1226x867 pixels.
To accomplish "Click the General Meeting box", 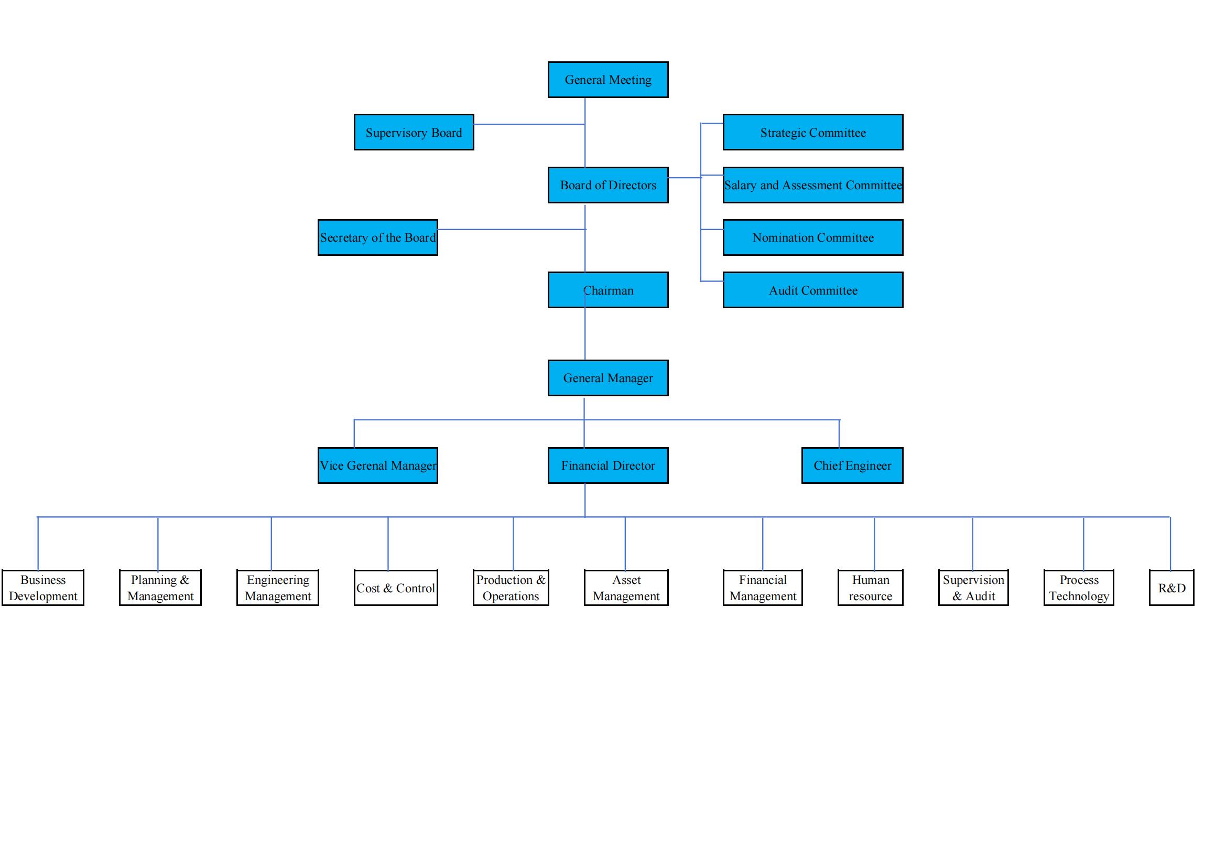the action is pyautogui.click(x=607, y=80).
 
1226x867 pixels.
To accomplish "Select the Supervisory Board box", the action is pyautogui.click(x=414, y=133).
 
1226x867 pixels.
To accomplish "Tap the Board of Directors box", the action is pyautogui.click(x=607, y=185).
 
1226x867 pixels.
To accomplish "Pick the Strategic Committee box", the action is pyautogui.click(x=813, y=133).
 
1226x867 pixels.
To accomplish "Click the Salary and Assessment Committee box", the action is pyautogui.click(x=813, y=185).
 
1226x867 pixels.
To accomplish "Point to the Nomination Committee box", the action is pyautogui.click(x=813, y=237).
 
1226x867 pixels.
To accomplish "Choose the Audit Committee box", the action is pyautogui.click(x=813, y=290).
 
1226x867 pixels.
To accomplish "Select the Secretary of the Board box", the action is pyautogui.click(x=377, y=237).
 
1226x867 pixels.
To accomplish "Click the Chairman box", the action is pyautogui.click(x=607, y=290).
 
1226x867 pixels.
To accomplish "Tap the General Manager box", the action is pyautogui.click(x=607, y=378).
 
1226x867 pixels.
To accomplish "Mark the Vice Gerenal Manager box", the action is pyautogui.click(x=377, y=465).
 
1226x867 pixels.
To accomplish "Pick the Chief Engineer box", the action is pyautogui.click(x=852, y=465).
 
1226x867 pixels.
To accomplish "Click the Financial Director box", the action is pyautogui.click(x=607, y=465).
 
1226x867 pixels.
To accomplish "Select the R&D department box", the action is pyautogui.click(x=1171, y=588).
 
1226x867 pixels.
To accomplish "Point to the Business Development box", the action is pyautogui.click(x=42, y=588).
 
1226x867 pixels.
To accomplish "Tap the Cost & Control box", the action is pyautogui.click(x=396, y=588).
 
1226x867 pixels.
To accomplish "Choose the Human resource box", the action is pyautogui.click(x=871, y=588).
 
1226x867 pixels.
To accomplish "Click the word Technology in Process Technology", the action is pyautogui.click(x=1079, y=597).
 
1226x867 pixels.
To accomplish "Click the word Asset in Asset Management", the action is pyautogui.click(x=626, y=580).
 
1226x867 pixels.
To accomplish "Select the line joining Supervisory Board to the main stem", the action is pyautogui.click(x=529, y=124).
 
